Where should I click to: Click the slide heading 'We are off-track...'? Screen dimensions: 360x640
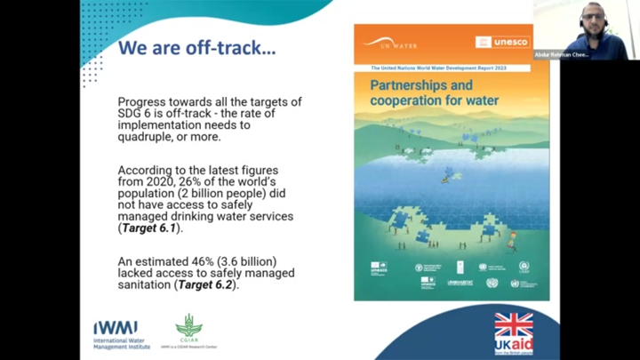[x=196, y=47]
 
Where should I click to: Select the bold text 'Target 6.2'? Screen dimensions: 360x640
[x=207, y=284]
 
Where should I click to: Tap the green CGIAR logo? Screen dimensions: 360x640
[x=188, y=326]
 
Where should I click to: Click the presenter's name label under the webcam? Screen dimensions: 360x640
[x=561, y=54]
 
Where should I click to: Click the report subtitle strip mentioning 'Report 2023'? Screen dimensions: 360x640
[x=452, y=68]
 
